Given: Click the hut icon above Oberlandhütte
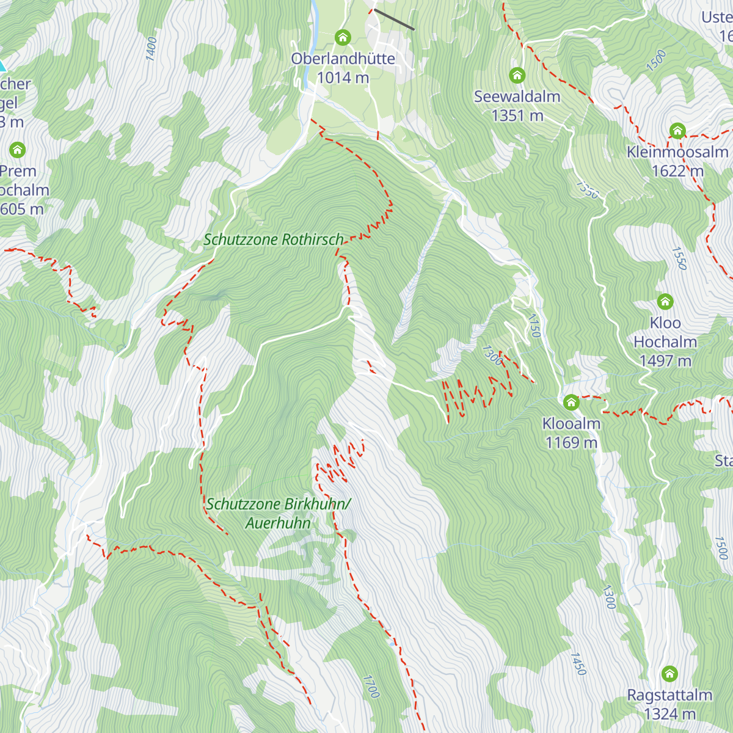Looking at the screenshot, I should click(x=343, y=38).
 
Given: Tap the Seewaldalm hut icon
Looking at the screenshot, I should click(x=517, y=76).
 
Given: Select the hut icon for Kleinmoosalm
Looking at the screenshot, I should click(x=677, y=131).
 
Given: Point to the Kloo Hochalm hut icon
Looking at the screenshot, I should click(x=665, y=302).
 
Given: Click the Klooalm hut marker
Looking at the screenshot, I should click(x=571, y=403).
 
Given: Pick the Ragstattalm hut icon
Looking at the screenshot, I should click(x=669, y=674).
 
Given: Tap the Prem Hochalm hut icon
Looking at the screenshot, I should click(x=17, y=150).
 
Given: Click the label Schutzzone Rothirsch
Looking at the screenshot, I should click(x=274, y=239).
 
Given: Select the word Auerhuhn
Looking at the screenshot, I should click(x=278, y=523).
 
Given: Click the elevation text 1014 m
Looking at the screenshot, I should click(x=343, y=78).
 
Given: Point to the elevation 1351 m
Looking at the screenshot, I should click(x=517, y=115).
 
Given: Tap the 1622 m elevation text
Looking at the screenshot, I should click(x=677, y=171).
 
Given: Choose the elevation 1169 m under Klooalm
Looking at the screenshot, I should click(x=571, y=442).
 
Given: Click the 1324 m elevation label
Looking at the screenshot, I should click(x=669, y=713).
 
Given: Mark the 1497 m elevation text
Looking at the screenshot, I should click(x=665, y=361).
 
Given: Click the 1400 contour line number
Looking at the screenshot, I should click(x=151, y=49).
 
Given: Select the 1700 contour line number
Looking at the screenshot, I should click(x=371, y=687).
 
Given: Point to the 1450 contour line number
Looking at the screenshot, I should click(x=578, y=664).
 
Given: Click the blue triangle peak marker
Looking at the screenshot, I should click(x=2, y=65).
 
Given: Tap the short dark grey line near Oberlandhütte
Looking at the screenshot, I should click(x=394, y=20).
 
